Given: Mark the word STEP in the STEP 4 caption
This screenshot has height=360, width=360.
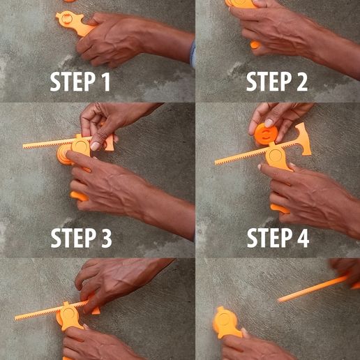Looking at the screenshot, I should [268, 239].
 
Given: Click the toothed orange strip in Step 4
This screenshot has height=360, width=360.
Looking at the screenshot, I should [241, 155].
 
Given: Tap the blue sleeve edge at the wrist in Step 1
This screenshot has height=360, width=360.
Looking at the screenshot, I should [193, 54].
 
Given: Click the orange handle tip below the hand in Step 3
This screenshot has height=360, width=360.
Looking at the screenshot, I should [80, 196].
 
